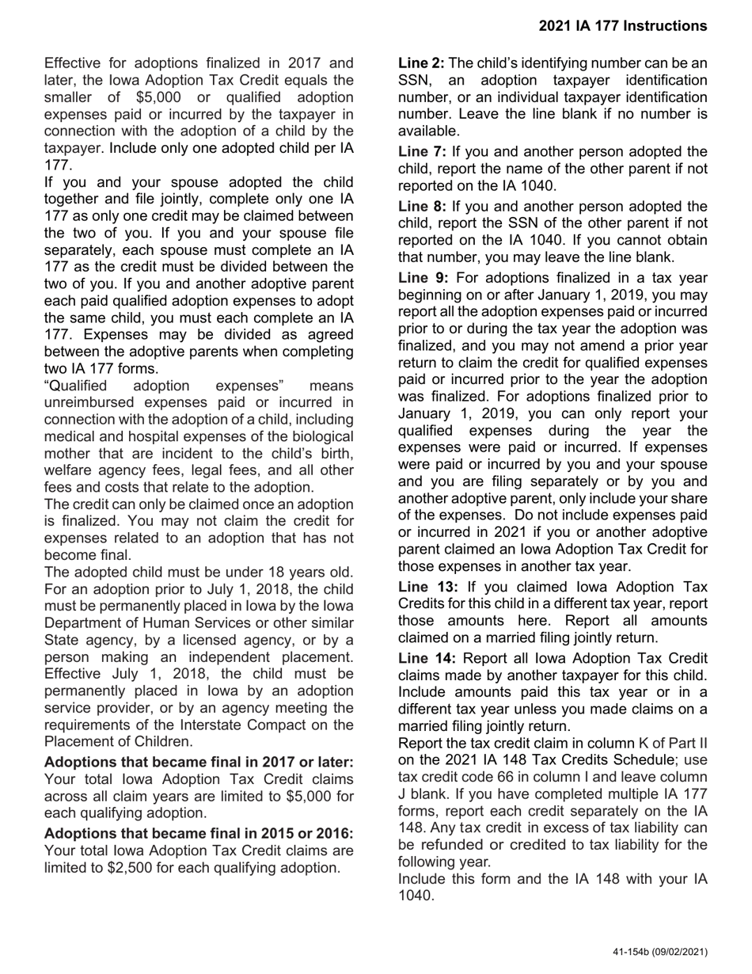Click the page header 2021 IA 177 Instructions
click(623, 26)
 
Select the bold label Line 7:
click(422, 152)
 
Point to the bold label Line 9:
click(423, 278)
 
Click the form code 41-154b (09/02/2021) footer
click(659, 953)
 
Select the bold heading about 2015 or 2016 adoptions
click(199, 834)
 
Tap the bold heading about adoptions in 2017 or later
click(199, 762)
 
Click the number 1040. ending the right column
click(416, 896)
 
